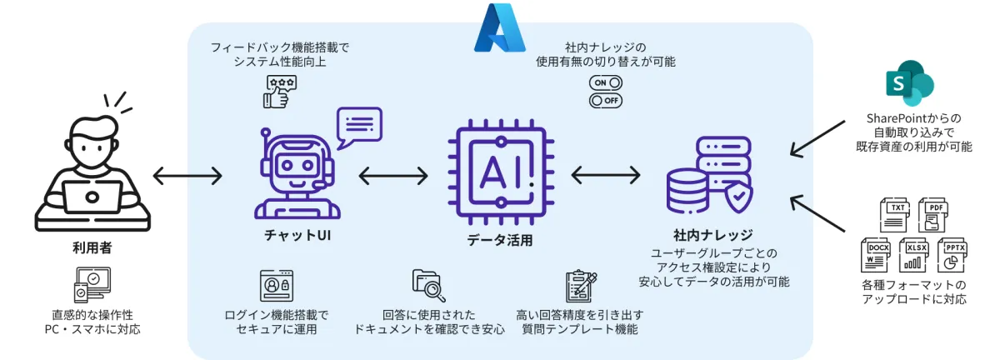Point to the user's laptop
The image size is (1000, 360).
click(x=92, y=197)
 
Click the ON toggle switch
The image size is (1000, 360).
click(x=606, y=83)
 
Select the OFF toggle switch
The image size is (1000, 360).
click(x=606, y=101)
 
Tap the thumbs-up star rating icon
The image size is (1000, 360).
click(x=277, y=91)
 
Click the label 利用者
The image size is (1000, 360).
click(x=92, y=247)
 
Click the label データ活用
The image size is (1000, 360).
click(x=499, y=241)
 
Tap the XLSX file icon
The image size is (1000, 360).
click(x=916, y=254)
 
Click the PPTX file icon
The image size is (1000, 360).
click(x=953, y=254)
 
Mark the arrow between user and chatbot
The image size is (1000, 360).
click(x=188, y=176)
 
